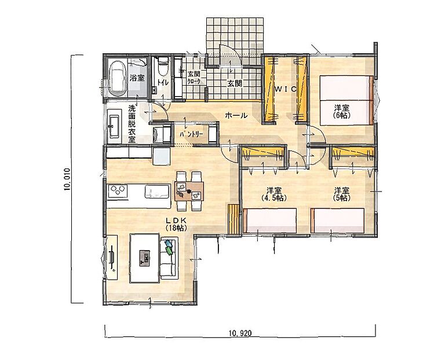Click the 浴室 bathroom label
click(x=137, y=78)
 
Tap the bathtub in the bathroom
click(x=118, y=78)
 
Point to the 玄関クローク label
click(x=194, y=78)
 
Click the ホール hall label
click(x=236, y=116)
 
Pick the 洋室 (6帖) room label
click(x=341, y=111)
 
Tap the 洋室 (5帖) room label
click(x=341, y=194)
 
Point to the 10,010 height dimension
click(x=67, y=179)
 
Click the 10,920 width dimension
click(x=240, y=333)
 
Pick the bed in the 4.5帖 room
click(x=270, y=221)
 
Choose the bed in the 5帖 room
click(x=337, y=221)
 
